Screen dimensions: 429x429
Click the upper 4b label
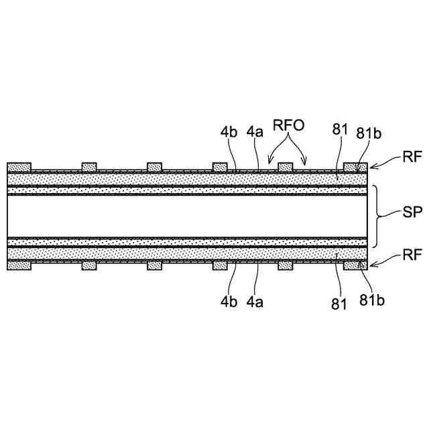coord(229,133)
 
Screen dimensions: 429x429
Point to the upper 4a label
coord(255,133)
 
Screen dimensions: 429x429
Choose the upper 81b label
coord(368,133)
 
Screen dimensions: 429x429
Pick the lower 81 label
coord(339,304)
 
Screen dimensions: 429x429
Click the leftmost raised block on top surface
coord(18,167)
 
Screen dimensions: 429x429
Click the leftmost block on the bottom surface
coord(18,265)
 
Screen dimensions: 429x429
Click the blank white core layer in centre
coord(188,216)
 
